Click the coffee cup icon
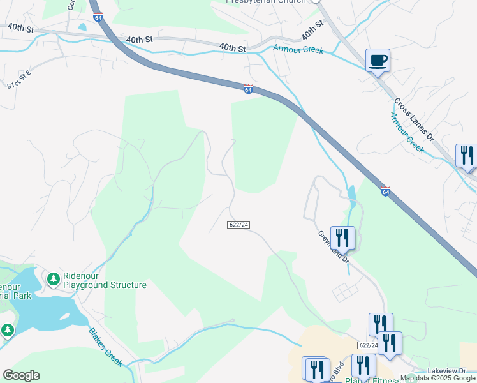378,61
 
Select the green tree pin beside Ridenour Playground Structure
54,279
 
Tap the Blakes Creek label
105,347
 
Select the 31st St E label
18,84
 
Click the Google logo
21,375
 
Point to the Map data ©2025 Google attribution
437,379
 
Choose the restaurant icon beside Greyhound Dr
342,237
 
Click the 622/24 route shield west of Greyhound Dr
238,224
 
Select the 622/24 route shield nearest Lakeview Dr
368,345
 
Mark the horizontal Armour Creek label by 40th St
298,49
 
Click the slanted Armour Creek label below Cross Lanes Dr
406,132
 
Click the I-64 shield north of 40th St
98,18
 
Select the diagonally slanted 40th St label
312,30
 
